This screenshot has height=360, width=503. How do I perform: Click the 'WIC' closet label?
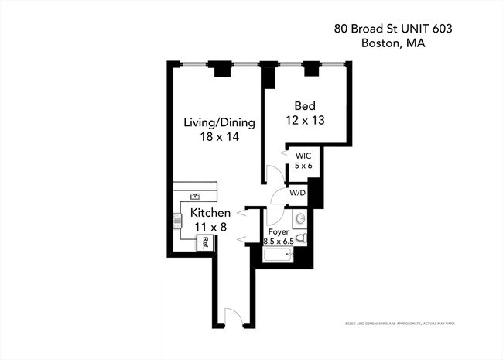[302, 155]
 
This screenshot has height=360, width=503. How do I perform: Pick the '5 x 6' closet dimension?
[302, 165]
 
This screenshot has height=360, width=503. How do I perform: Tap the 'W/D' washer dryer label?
[297, 193]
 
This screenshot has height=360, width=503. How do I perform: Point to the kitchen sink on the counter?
[195, 197]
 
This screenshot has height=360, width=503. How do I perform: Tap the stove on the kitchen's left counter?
[177, 222]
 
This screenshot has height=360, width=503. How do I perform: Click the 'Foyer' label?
[279, 231]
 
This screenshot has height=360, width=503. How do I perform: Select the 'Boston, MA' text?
[393, 43]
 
